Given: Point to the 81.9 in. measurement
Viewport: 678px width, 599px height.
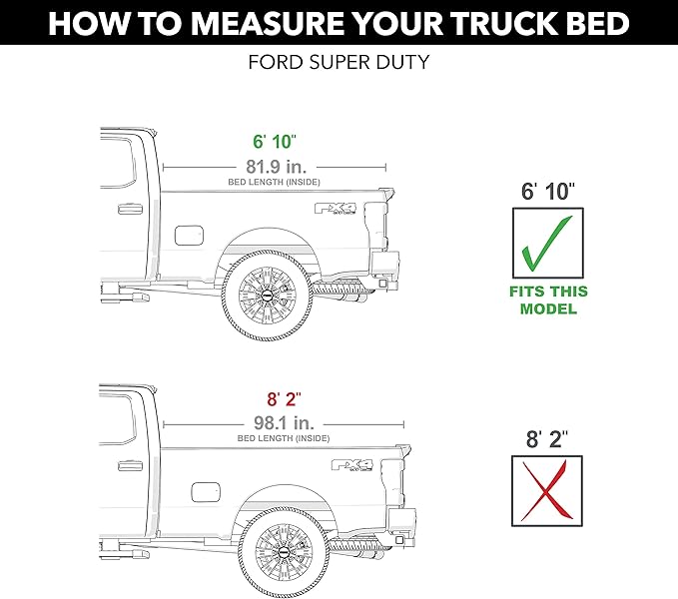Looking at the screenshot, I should [274, 166].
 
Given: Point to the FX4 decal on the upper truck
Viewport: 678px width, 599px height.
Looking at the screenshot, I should [338, 209].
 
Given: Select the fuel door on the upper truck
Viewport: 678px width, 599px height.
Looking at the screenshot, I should [189, 236].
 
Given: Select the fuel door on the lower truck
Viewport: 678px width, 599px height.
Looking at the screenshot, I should [204, 493].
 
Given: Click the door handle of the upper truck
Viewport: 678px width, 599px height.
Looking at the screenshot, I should [129, 210].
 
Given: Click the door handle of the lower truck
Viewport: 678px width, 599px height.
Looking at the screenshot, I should [129, 467].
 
